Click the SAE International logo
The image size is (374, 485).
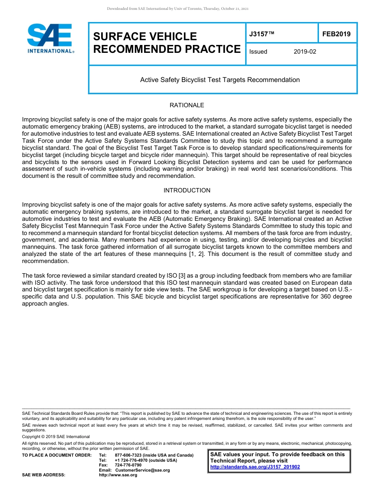click(50, 38)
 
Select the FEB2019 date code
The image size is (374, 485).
click(336, 34)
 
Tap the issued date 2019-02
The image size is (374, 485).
click(305, 52)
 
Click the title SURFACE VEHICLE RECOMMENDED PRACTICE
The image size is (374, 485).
click(167, 43)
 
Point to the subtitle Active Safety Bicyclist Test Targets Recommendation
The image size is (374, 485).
click(220, 80)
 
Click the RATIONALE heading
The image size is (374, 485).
click(187, 105)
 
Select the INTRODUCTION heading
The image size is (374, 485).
click(187, 190)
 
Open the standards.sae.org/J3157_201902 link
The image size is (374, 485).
click(255, 467)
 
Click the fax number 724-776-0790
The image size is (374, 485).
click(128, 465)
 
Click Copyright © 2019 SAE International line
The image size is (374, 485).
click(56, 437)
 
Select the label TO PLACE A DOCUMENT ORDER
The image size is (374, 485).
click(57, 455)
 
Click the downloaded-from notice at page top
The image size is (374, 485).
click(178, 9)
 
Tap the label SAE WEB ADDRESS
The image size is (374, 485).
click(44, 475)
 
